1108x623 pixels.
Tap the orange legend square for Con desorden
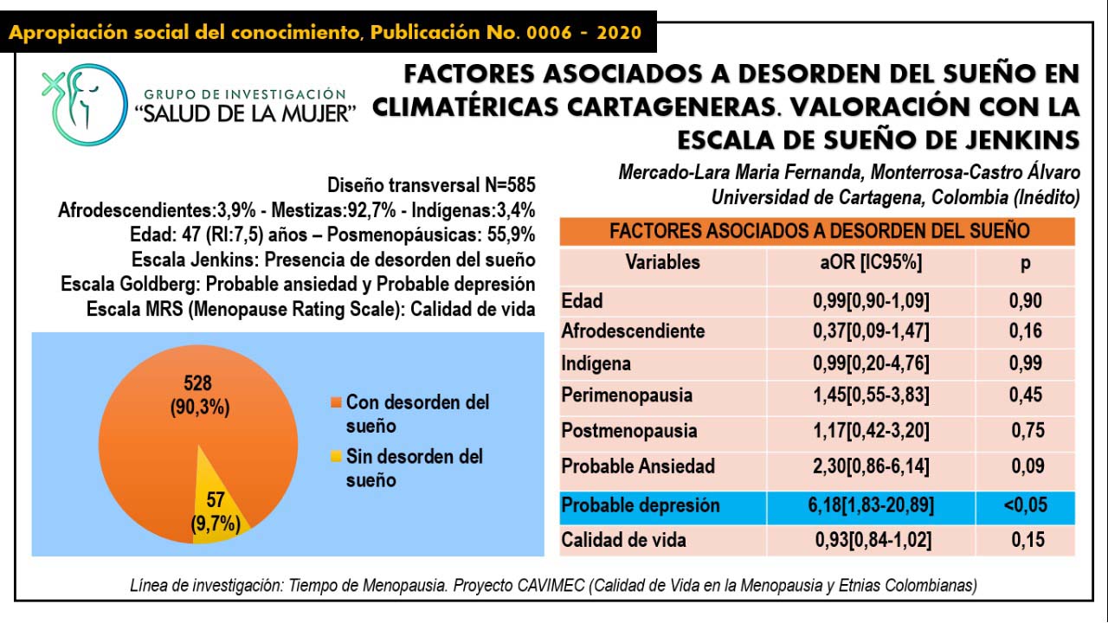[336, 403]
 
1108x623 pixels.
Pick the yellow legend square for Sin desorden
[336, 457]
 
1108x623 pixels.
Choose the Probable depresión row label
[641, 505]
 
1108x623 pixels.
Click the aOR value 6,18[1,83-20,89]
[871, 505]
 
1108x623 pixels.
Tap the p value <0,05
[1026, 505]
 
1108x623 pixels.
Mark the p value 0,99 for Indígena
[1026, 363]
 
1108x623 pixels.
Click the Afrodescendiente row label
[633, 331]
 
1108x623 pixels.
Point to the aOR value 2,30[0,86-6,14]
[871, 466]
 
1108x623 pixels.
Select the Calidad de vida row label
[624, 540]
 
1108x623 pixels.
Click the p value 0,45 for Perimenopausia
[1026, 395]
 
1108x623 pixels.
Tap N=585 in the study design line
[506, 184]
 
